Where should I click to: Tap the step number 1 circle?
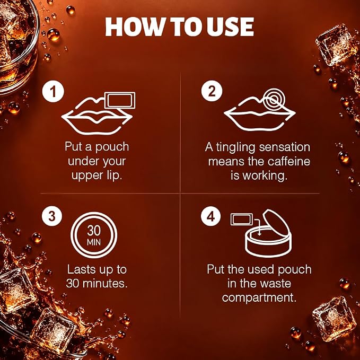[53, 91]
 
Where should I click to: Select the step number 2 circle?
[212, 91]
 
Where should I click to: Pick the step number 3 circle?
[52, 216]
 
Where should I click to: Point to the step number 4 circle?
[211, 216]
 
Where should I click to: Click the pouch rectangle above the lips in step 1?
[120, 100]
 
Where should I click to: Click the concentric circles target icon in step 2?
[274, 100]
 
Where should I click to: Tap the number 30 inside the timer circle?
[94, 230]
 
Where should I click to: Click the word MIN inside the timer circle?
[94, 242]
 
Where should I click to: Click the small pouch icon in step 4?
[242, 219]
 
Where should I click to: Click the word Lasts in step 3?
[81, 269]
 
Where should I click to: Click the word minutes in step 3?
[104, 283]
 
